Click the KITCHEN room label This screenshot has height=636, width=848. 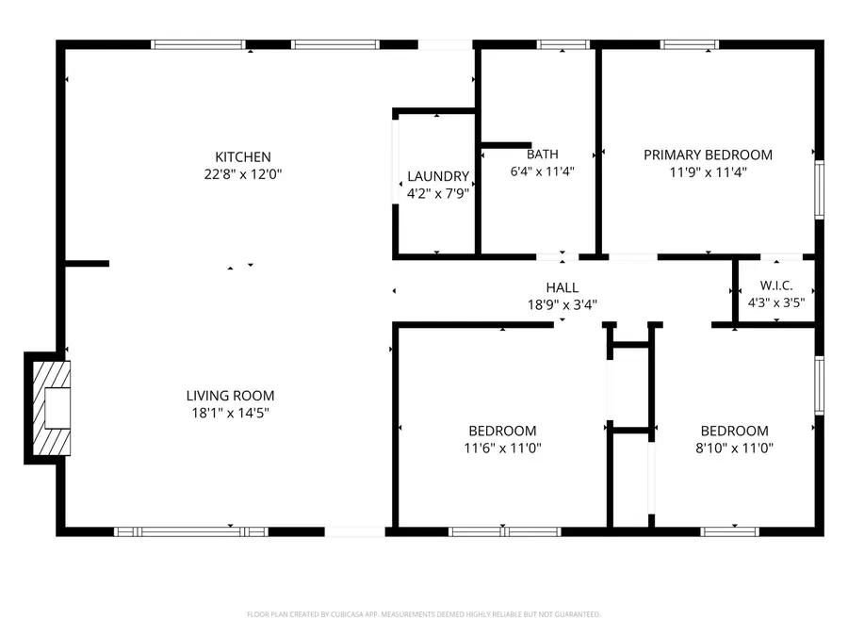(243, 156)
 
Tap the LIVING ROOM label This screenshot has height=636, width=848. (230, 396)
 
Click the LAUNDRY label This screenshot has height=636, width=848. (438, 176)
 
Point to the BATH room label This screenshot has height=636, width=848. (542, 155)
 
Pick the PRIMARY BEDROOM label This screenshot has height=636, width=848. (708, 155)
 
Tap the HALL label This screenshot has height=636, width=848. (562, 287)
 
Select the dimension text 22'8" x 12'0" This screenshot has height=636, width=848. (243, 173)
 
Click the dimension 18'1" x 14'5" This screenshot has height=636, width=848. (230, 413)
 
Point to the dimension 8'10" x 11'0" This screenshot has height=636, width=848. (734, 448)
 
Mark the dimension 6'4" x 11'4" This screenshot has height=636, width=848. (542, 171)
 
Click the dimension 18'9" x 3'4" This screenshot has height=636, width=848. (562, 304)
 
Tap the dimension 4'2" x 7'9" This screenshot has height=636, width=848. (438, 192)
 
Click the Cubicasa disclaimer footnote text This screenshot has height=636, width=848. (423, 614)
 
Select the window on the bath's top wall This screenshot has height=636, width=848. (563, 44)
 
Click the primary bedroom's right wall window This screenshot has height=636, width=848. (819, 189)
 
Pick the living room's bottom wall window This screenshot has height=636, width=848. (191, 531)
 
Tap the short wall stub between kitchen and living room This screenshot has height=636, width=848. (87, 264)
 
